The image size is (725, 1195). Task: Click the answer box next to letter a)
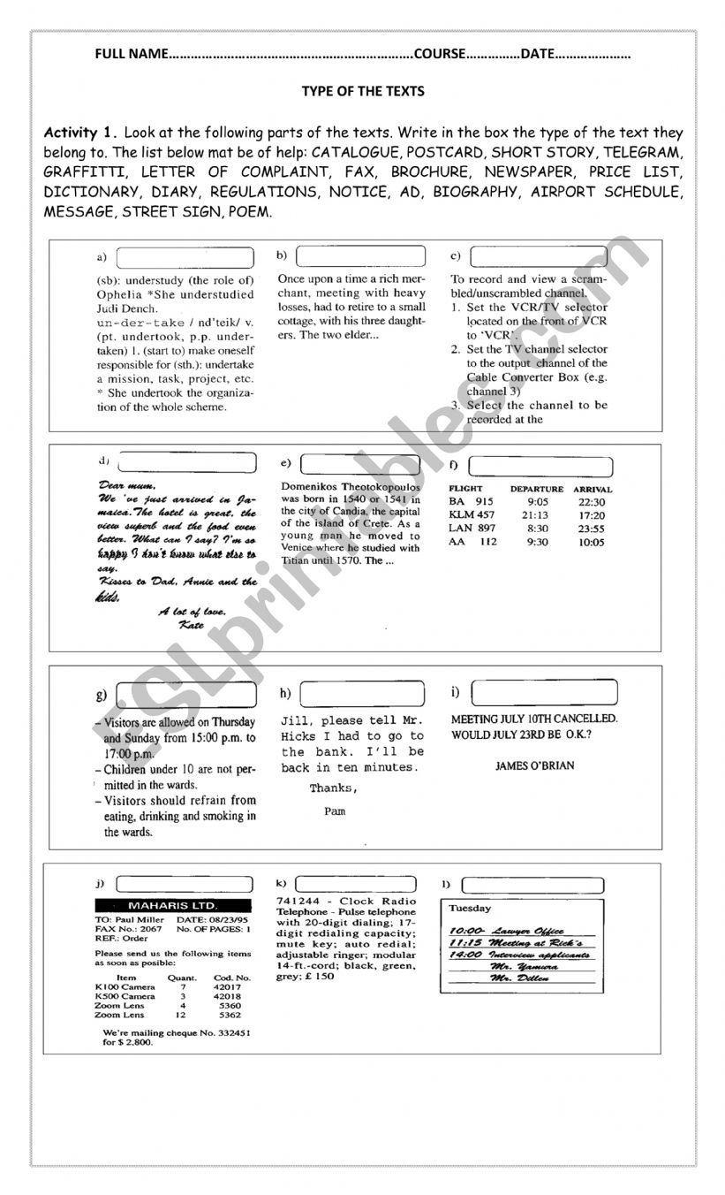coord(184,257)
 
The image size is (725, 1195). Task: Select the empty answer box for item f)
coord(540,467)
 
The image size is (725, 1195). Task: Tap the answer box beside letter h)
coord(362,693)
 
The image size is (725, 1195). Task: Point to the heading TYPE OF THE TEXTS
coord(363,91)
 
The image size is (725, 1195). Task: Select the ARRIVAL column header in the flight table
coord(593,489)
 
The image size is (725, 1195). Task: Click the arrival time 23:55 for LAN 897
coord(592,529)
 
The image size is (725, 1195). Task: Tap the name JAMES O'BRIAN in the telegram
coord(534,765)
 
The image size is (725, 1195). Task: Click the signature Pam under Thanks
coord(334,811)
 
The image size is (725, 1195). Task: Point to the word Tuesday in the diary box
coord(470,909)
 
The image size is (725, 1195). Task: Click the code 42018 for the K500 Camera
coord(226,996)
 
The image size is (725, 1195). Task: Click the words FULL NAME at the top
coord(131,54)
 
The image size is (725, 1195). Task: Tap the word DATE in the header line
coord(537,54)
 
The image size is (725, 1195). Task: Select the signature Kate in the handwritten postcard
coord(191,625)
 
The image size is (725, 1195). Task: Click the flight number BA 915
coord(471,502)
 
